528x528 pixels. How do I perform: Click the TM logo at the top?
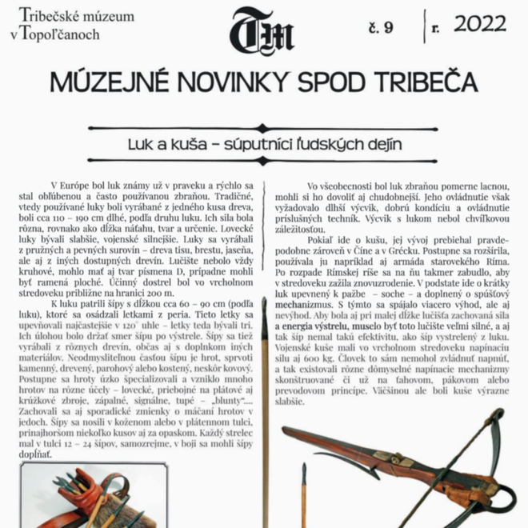tap(262, 32)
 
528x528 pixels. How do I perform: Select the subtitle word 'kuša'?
tap(203, 145)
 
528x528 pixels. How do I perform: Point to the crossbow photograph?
tap(400, 464)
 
